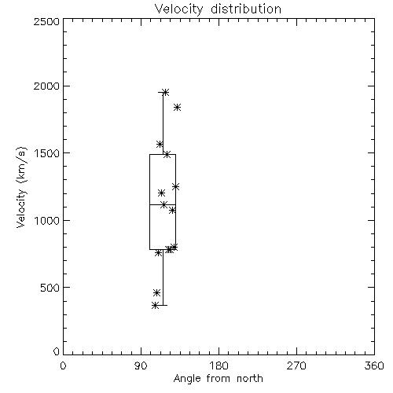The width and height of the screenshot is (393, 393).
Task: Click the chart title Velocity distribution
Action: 218,9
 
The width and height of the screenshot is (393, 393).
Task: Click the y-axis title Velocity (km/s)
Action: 21,187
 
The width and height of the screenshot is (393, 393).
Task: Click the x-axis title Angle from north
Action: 218,379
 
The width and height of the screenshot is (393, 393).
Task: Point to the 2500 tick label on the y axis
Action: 46,21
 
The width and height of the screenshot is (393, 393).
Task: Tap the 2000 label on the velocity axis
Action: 46,86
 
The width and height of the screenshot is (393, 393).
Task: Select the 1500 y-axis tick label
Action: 47,153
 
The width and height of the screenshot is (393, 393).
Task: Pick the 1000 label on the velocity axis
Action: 47,220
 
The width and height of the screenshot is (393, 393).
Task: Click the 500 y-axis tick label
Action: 50,288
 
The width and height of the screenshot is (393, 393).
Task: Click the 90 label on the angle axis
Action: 141,365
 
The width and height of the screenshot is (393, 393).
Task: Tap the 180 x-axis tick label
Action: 219,365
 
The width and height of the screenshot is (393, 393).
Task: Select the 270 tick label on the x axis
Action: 296,365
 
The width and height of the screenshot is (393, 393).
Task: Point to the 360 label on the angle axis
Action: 374,365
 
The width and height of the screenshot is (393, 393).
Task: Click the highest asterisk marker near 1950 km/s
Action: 165,92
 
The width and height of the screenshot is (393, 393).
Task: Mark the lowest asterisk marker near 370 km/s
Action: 155,305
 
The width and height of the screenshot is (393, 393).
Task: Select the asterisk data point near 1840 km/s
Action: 178,107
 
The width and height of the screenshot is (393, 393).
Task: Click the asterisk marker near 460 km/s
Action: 156,292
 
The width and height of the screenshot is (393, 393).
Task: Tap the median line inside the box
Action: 163,204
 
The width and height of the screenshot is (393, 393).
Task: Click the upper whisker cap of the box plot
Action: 163,92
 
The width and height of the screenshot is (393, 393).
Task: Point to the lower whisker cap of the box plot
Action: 163,305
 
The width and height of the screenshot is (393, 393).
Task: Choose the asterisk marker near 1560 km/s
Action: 160,144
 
